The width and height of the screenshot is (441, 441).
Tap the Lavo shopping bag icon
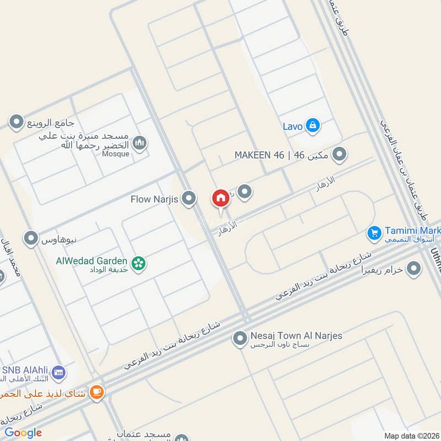click(313, 126)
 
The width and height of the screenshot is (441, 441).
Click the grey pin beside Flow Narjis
click(189, 198)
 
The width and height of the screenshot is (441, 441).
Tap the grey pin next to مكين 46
click(340, 154)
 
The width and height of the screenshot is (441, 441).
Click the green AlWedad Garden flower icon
click(138, 263)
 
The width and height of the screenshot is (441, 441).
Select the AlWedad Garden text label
click(92, 261)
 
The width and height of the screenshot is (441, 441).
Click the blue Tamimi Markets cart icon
click(375, 234)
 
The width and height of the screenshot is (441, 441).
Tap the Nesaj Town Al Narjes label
click(296, 336)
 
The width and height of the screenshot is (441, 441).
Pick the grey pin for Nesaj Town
click(239, 338)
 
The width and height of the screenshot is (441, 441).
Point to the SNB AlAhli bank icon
click(58, 374)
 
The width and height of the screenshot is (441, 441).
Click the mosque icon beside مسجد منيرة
click(140, 143)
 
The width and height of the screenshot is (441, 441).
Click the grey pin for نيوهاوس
click(31, 238)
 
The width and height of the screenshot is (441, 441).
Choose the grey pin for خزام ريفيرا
click(413, 269)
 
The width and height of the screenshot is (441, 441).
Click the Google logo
click(23, 433)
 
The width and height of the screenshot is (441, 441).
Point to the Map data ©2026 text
click(411, 435)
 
